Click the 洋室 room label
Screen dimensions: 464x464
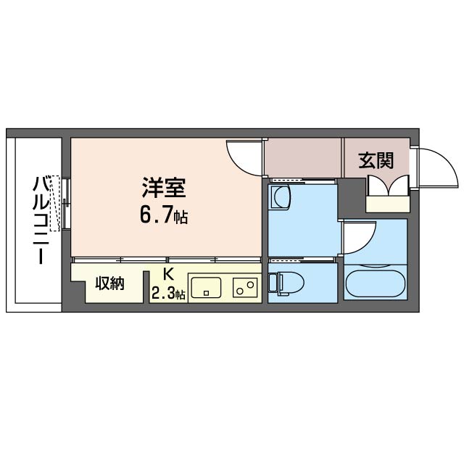[x=164, y=187]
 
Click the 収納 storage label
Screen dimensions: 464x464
[x=110, y=283]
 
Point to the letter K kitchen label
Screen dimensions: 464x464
[x=168, y=275]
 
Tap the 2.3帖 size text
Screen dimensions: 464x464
[x=168, y=294]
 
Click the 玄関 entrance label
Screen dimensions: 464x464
[x=375, y=160]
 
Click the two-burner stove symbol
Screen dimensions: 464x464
[x=245, y=288]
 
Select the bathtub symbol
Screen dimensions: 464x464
[x=376, y=283]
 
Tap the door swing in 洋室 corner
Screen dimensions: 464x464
[x=243, y=156]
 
